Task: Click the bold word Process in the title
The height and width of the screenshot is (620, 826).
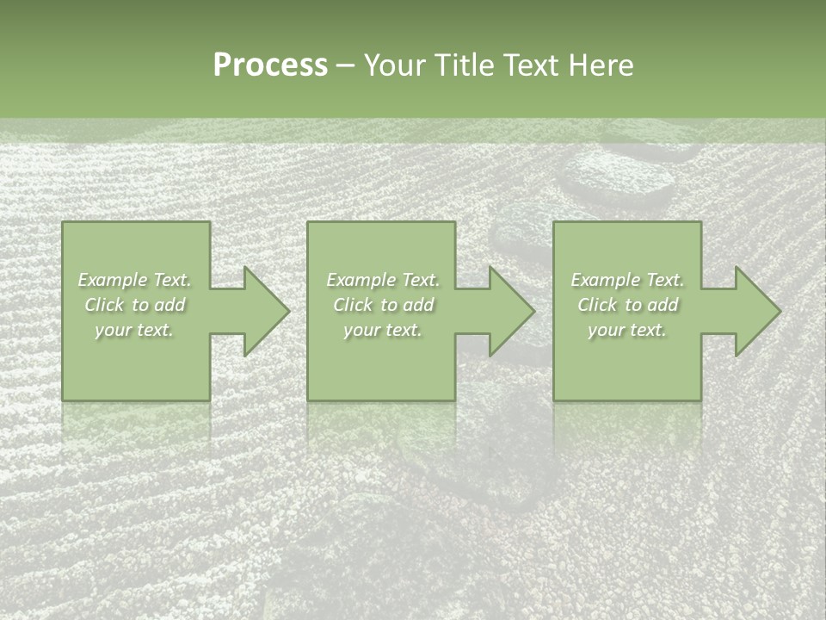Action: tap(270, 65)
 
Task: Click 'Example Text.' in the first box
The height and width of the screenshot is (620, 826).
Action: tap(135, 280)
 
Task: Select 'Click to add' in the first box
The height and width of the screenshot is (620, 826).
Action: tap(135, 305)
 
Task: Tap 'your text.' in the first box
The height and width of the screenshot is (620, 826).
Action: tap(135, 330)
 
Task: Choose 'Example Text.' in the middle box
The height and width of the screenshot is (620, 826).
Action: tap(383, 280)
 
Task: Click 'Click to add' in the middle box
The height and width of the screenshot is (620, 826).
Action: tap(383, 305)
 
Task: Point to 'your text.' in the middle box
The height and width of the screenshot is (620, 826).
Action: tap(383, 330)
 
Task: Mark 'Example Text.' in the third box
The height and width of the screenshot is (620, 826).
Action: tap(627, 280)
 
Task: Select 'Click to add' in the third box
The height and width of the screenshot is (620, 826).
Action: tap(627, 305)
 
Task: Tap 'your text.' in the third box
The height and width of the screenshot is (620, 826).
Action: tap(627, 330)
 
